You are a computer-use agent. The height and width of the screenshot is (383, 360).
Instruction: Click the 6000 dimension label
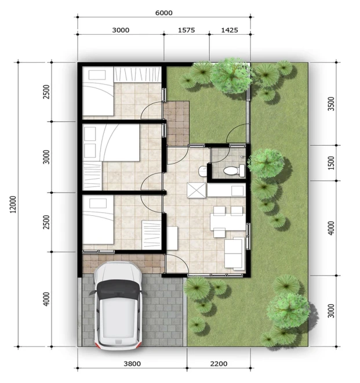[164, 13]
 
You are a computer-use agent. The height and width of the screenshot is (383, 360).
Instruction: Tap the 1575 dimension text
[186, 30]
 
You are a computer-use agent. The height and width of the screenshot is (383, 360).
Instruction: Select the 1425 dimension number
[230, 30]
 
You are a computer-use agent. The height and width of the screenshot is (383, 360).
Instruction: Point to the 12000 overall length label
[13, 204]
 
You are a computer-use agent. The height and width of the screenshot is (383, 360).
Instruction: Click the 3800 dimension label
[132, 364]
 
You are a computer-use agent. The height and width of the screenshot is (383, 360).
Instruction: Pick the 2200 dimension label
[219, 364]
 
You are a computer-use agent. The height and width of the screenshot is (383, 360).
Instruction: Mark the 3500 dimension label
[331, 104]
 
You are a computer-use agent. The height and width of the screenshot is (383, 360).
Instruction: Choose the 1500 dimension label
[331, 163]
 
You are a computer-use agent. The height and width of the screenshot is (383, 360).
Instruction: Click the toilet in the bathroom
[234, 171]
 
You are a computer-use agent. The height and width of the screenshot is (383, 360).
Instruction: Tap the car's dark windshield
[118, 290]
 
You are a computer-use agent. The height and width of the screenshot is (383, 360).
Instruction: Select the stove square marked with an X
[197, 190]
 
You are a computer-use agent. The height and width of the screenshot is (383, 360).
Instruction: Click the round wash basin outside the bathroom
[202, 171]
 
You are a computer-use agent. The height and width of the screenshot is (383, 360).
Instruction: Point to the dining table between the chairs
[228, 222]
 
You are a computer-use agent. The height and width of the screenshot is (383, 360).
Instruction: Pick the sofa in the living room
[235, 254]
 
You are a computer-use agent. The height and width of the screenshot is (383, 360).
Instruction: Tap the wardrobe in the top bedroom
[137, 74]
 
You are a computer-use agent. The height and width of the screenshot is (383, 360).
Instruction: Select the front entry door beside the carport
[177, 263]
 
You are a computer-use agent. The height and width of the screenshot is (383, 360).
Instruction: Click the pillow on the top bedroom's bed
[97, 75]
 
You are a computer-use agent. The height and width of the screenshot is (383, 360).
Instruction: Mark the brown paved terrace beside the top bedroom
[176, 124]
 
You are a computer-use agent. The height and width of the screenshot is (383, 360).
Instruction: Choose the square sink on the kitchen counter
[237, 191]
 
